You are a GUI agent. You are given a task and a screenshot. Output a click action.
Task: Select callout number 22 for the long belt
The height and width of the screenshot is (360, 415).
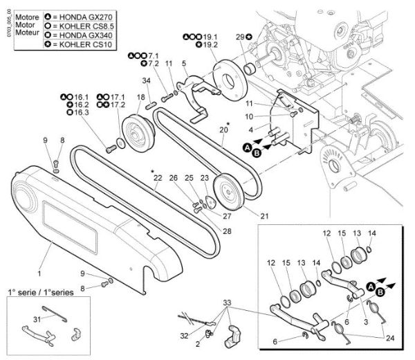pos(157,178)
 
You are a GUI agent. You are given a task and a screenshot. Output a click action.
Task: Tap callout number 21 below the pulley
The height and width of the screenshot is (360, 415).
pos(264,216)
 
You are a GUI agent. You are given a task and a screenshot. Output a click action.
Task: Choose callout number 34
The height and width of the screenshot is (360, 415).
pos(146,81)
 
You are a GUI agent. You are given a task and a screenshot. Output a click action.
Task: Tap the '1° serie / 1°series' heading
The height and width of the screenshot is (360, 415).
pos(40,293)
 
